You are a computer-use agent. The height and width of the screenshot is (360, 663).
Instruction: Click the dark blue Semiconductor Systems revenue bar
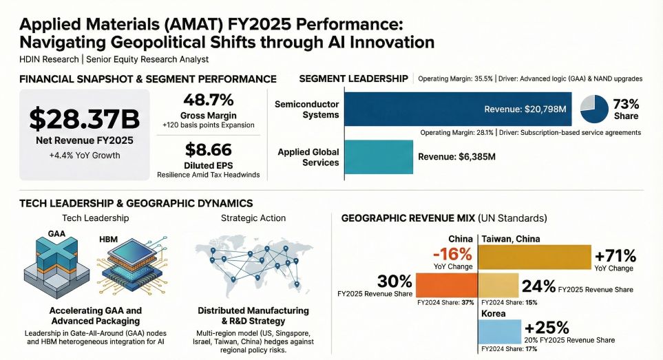point(457,109)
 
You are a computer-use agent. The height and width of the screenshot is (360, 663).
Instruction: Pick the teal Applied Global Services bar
point(378,157)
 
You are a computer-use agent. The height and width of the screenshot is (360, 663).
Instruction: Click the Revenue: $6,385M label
point(456,157)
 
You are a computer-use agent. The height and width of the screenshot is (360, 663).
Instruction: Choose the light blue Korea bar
point(500,332)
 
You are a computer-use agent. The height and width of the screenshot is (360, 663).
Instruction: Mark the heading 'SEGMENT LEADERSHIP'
point(354,78)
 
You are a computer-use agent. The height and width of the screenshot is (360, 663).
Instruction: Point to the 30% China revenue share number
point(394,281)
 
